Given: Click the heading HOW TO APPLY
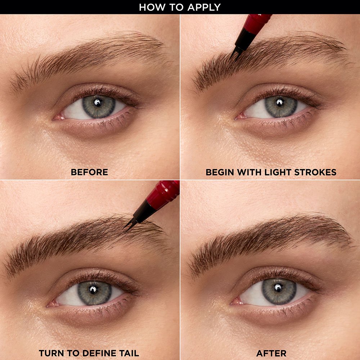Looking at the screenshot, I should click(180, 7).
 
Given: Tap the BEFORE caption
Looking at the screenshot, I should click(89, 172).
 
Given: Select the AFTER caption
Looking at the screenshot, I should click(271, 353).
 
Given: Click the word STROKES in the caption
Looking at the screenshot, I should click(316, 172).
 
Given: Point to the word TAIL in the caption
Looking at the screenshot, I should click(129, 353).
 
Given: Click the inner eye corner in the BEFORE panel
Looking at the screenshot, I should click(56, 117).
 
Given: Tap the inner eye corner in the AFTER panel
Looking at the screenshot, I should click(233, 301).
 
